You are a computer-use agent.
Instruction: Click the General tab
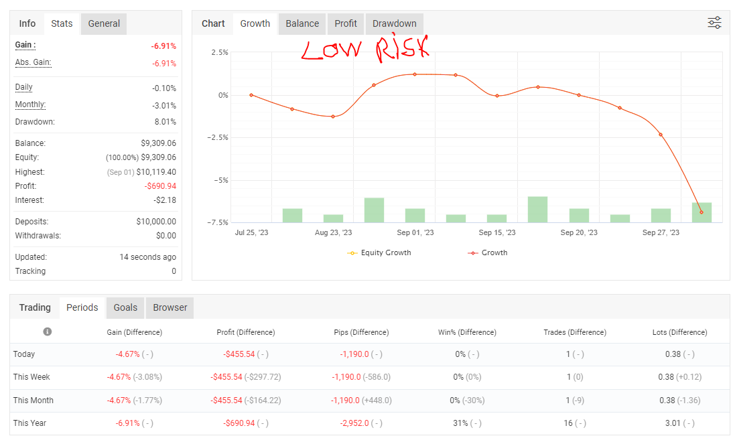click(104, 23)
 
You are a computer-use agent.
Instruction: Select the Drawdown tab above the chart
click(394, 23)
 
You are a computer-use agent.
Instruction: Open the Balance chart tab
click(302, 23)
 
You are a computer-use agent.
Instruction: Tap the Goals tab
click(125, 307)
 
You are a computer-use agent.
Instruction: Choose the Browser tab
click(170, 307)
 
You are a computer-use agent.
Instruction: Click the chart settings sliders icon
click(714, 23)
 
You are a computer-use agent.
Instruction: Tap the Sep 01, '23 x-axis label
click(415, 233)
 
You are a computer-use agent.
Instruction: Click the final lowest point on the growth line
click(702, 212)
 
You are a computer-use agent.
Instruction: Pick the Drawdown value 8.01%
click(164, 122)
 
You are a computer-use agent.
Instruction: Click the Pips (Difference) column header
click(361, 332)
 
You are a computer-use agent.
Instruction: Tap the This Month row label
click(34, 401)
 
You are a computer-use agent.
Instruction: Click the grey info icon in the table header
click(48, 332)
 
